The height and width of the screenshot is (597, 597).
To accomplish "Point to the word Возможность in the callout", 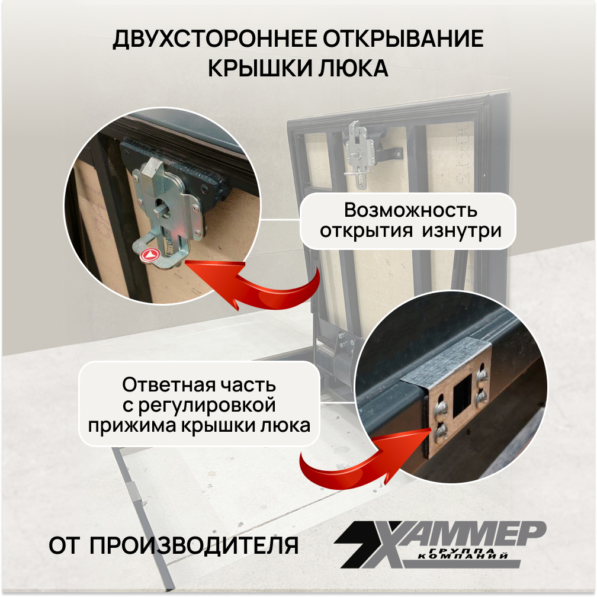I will click(410, 210).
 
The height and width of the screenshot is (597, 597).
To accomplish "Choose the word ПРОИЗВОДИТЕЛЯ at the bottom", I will click(195, 545).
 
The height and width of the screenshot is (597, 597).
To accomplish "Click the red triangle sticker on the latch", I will click(150, 255).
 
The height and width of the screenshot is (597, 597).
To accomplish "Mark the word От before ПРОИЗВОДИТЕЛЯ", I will click(65, 545).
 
